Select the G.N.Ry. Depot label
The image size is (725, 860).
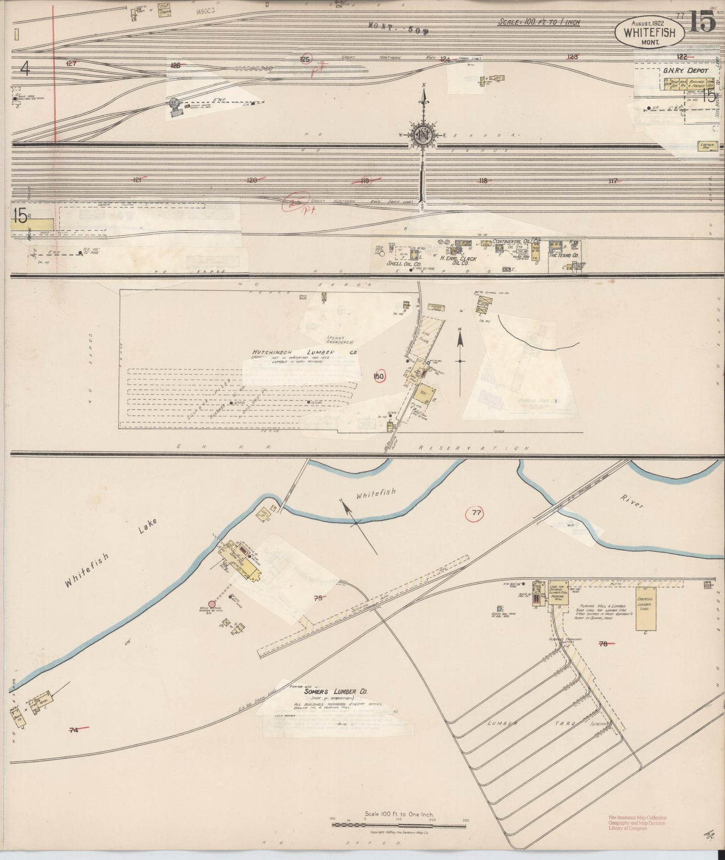(685, 71)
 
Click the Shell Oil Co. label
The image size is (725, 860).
(403, 263)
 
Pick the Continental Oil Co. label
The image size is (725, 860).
(517, 241)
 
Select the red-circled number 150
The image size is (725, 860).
(379, 376)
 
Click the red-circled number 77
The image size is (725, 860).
(476, 512)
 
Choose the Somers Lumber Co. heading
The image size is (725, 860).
(329, 691)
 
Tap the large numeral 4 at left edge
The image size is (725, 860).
(25, 68)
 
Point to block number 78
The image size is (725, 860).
(603, 644)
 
